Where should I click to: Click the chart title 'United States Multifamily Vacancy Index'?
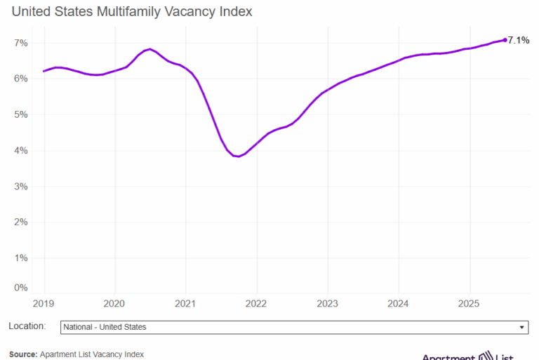click(x=132, y=12)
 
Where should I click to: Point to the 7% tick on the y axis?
click(x=21, y=43)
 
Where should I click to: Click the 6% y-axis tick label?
click(x=21, y=79)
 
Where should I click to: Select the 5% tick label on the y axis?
click(x=21, y=114)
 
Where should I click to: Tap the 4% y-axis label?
click(x=21, y=151)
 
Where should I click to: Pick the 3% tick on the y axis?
click(x=21, y=187)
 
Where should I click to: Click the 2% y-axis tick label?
click(x=21, y=222)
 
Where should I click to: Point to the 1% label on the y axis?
click(x=21, y=258)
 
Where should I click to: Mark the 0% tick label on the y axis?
click(x=21, y=288)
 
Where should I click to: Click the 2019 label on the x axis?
click(x=44, y=304)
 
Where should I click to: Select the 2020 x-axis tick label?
click(x=114, y=304)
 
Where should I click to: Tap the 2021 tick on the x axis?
click(x=185, y=304)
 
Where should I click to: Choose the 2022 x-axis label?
click(x=257, y=304)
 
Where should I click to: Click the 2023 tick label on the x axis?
click(x=328, y=304)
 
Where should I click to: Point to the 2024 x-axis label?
click(x=399, y=304)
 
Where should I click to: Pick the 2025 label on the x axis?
click(x=469, y=304)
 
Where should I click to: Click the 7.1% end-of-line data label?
click(x=519, y=40)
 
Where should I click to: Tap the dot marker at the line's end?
click(x=505, y=40)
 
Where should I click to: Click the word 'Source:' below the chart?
click(x=23, y=354)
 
